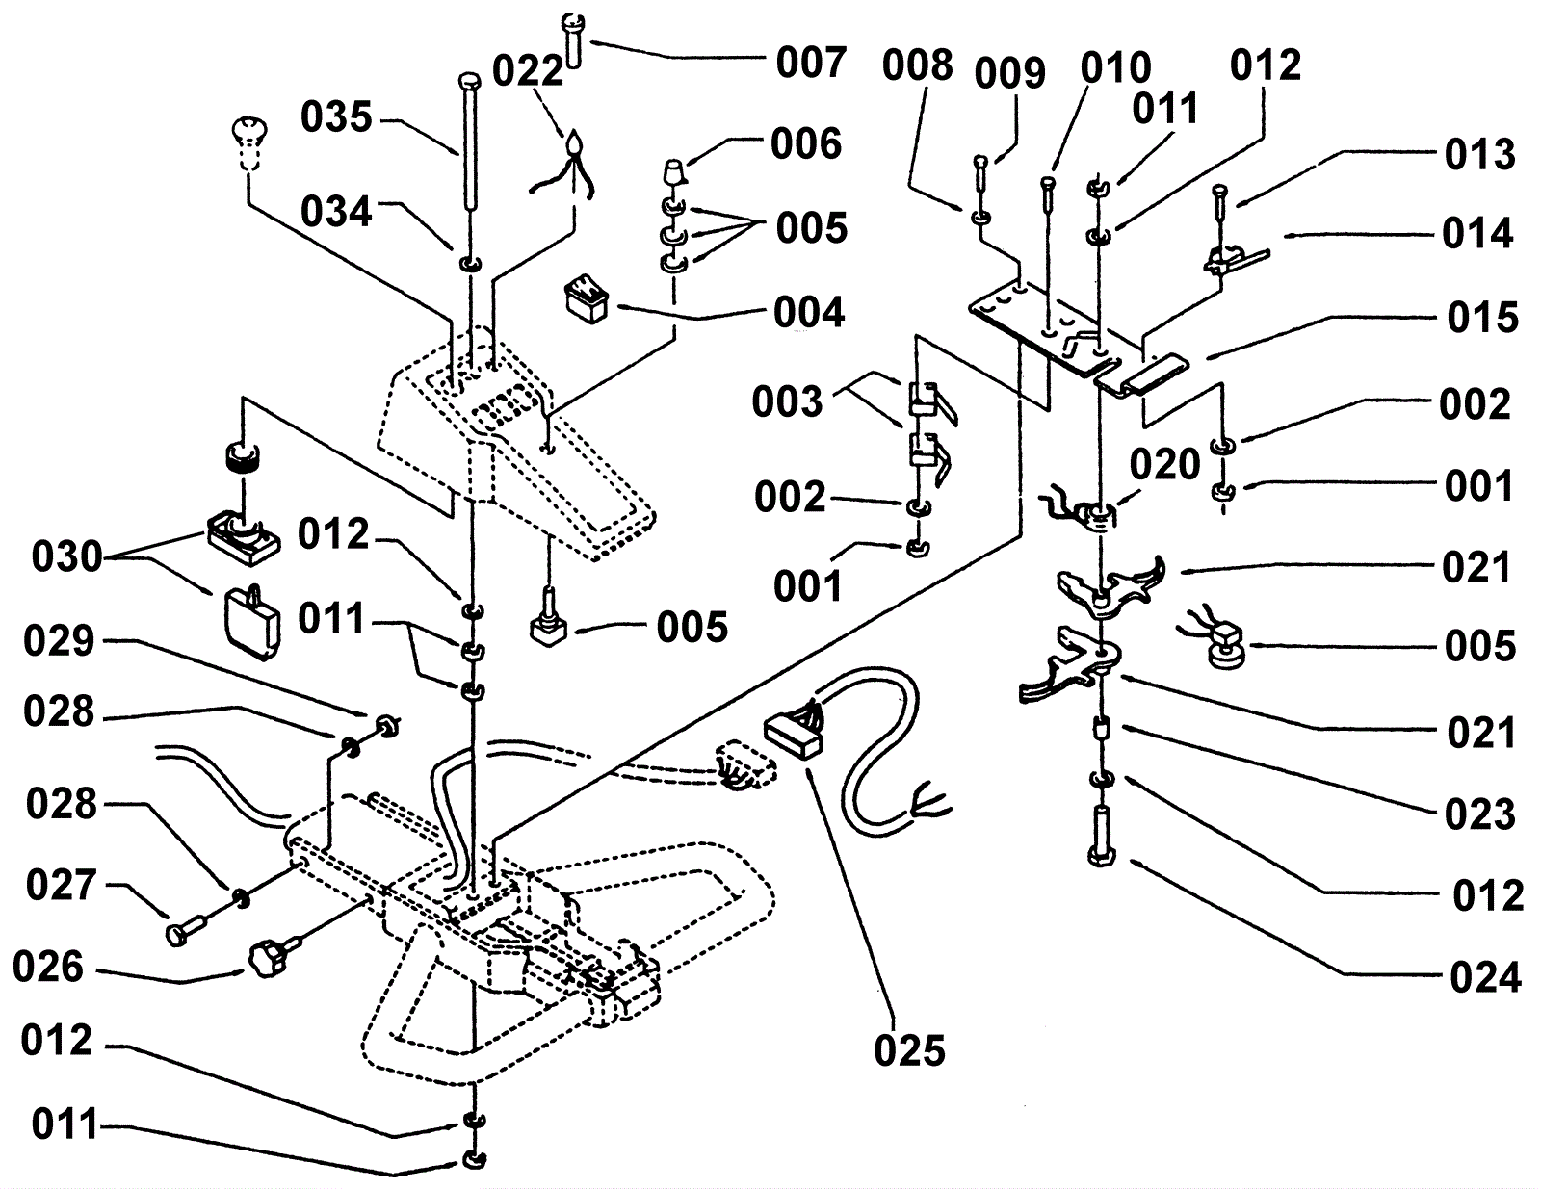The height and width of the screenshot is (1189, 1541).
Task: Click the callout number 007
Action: [x=811, y=64]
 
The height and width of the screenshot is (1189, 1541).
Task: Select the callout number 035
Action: [x=336, y=117]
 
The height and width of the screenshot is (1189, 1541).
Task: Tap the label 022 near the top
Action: [x=528, y=71]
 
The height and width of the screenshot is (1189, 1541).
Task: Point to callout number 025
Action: [x=909, y=1050]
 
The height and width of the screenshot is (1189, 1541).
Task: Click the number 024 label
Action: [x=1485, y=978]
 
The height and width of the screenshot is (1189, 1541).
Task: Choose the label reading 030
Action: [x=66, y=556]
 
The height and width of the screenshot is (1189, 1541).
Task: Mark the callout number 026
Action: [x=47, y=968]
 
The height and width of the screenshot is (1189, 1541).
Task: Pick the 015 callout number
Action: [x=1482, y=318]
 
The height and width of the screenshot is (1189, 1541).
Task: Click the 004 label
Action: [x=809, y=312]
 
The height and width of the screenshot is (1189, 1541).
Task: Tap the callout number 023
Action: [x=1480, y=814]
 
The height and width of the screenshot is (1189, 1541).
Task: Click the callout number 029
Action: [x=59, y=640]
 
